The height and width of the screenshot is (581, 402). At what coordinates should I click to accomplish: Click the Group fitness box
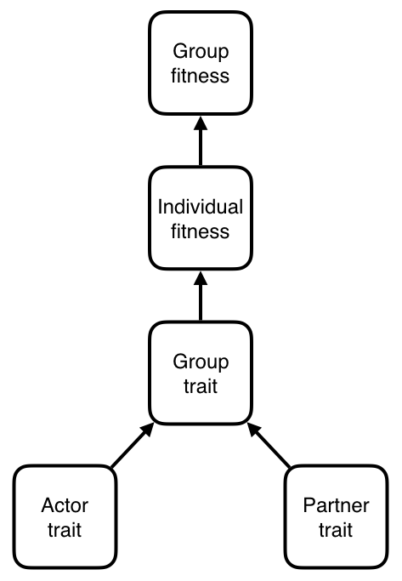[201, 63]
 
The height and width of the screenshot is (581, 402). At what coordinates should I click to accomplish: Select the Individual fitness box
[201, 219]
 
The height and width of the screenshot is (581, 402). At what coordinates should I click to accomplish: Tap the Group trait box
[201, 373]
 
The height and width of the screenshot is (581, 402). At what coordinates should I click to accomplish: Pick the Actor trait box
[65, 517]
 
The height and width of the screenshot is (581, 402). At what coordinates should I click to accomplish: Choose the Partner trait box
[336, 517]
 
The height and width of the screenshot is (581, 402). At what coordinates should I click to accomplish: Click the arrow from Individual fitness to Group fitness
[201, 141]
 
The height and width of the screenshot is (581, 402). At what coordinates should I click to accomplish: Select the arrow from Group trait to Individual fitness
[201, 296]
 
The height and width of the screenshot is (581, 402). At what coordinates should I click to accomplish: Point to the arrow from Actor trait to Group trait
[133, 445]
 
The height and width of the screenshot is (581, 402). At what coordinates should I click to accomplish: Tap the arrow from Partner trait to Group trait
[269, 445]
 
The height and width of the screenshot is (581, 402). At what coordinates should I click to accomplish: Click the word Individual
[201, 207]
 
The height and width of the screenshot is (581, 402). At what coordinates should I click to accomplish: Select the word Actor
[65, 505]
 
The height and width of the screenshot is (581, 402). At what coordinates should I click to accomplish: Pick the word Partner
[336, 505]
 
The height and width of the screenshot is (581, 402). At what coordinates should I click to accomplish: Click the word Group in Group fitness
[201, 52]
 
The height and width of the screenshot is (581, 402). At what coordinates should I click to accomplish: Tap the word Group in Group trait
[201, 362]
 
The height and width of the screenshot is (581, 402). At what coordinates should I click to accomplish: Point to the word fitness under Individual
[201, 231]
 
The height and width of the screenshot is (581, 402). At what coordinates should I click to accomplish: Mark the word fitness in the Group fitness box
[201, 76]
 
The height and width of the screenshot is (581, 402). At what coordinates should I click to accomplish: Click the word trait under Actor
[65, 530]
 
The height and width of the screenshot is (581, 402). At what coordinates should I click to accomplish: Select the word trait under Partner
[336, 530]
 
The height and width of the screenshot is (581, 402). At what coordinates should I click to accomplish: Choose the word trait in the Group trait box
[201, 386]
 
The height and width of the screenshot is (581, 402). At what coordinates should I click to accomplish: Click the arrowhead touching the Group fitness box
[201, 123]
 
